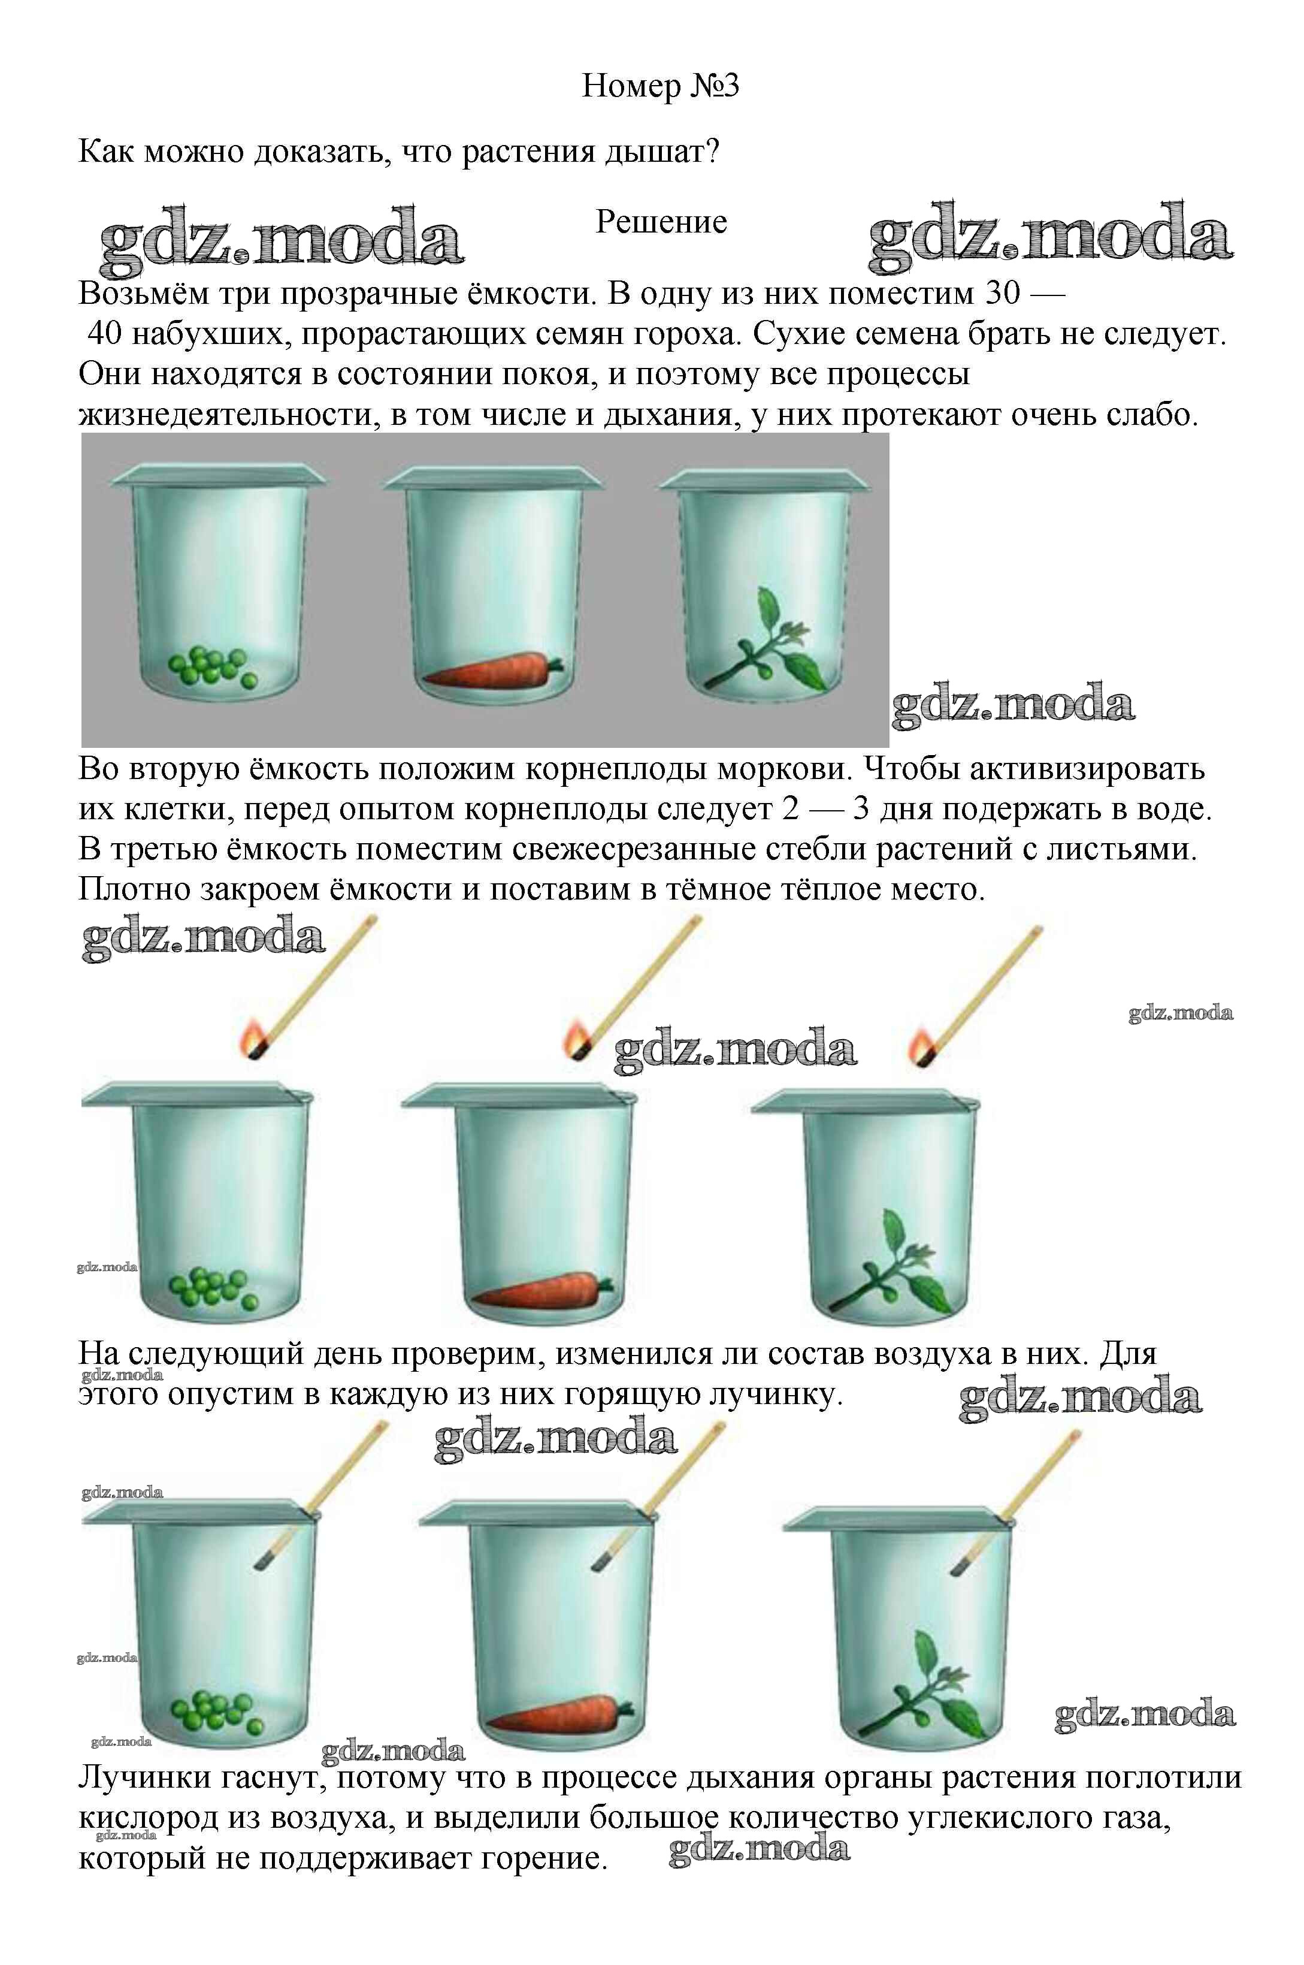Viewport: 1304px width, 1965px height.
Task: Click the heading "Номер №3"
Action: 660,86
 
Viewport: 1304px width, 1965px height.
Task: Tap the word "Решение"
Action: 661,222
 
